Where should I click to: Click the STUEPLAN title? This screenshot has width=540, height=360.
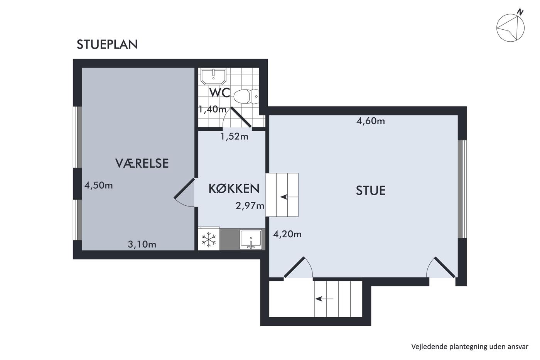107,44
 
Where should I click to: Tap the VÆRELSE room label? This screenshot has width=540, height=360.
142,163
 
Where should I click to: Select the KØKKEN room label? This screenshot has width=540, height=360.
234,189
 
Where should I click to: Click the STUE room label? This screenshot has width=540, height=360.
371,190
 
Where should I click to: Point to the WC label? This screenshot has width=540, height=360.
219,93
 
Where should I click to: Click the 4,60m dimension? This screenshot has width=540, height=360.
371,121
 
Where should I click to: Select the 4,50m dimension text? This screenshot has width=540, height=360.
99,185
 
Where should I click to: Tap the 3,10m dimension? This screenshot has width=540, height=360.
142,244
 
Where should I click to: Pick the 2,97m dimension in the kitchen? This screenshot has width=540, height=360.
250,206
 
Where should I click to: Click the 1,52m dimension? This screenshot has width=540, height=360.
235,137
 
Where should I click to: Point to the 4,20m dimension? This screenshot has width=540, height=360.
287,234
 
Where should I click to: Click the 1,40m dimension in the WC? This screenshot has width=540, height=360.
213,109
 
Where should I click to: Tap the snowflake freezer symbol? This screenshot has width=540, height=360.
209,240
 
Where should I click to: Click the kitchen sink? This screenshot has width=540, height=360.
251,239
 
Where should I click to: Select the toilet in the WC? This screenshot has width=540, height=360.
246,96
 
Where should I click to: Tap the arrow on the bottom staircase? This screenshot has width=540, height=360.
324,299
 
